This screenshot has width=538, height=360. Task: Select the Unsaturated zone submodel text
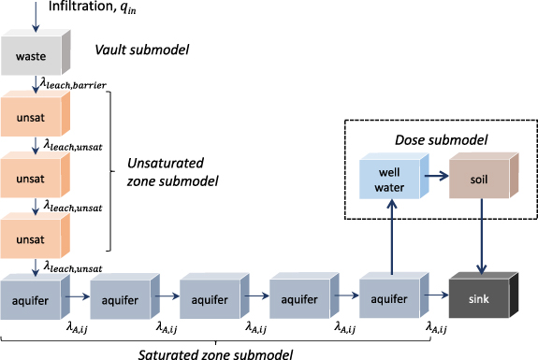(x=171, y=174)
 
